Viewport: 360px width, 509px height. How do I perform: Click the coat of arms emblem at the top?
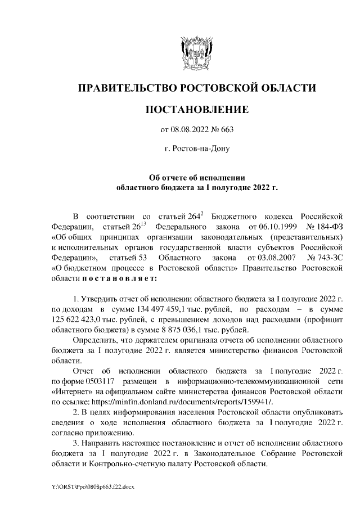point(196,53)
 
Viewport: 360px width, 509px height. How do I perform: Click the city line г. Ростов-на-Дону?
point(196,149)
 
